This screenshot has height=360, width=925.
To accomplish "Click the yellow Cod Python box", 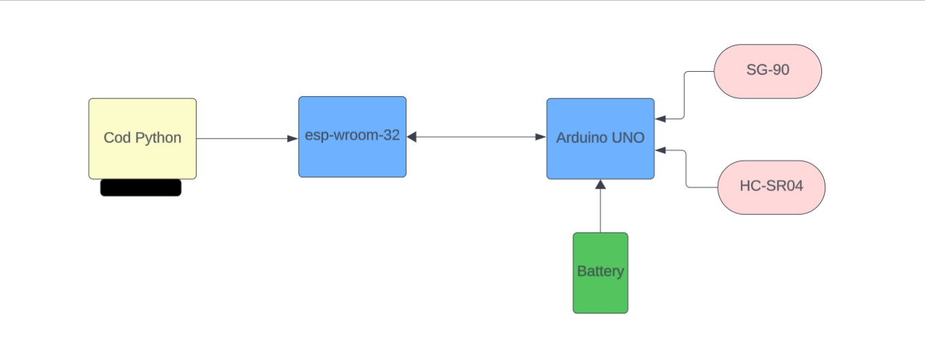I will coord(142,156).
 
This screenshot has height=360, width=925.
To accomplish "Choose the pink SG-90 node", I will coord(768,71).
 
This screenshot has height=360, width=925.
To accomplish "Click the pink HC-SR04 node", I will coord(771,187).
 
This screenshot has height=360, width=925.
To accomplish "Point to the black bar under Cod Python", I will coord(141,188).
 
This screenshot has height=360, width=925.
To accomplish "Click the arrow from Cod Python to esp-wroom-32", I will coord(244,138).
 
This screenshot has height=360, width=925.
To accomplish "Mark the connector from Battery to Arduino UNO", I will coord(600,210).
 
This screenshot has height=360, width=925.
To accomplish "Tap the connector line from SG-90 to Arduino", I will coord(685,95).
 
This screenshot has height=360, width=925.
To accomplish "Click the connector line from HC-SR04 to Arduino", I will coord(687,169).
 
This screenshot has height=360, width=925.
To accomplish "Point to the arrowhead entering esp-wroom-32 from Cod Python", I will coord(293,138).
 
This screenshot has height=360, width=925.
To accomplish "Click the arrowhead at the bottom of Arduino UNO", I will coord(600,184).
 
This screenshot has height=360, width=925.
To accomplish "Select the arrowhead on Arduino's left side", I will coord(541,137).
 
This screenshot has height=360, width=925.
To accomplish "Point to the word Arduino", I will coord(581,138).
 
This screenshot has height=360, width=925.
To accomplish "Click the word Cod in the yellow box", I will coord(117,138).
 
